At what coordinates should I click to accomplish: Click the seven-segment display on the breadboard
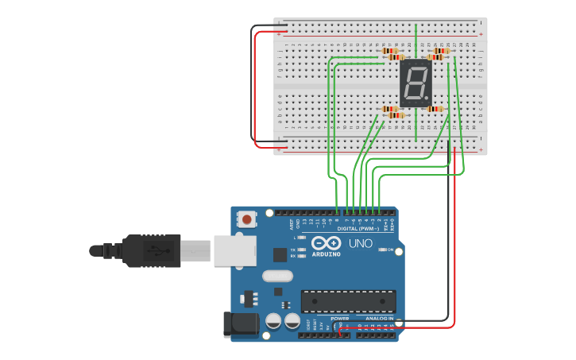[415, 83]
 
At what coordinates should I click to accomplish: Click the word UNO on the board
[361, 243]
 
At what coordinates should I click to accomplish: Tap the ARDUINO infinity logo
[326, 243]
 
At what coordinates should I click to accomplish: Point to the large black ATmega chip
[348, 301]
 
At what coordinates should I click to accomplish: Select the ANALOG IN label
[379, 319]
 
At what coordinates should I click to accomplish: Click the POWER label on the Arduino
[340, 319]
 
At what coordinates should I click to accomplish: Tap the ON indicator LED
[382, 250]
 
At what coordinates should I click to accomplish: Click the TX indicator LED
[301, 250]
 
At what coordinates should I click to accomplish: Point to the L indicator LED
[301, 238]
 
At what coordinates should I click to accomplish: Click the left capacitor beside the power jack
[273, 321]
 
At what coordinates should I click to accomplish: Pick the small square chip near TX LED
[280, 254]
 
